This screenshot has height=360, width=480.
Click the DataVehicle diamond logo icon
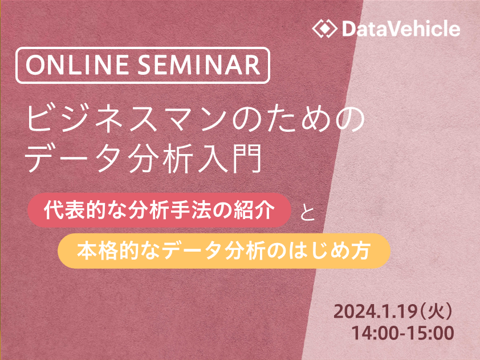pos(325,29)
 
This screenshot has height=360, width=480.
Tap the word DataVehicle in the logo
pos(401,29)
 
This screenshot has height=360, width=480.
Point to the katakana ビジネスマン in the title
pos(129,118)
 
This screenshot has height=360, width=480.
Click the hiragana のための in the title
pos(299,118)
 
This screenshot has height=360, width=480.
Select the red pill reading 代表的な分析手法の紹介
pos(159,210)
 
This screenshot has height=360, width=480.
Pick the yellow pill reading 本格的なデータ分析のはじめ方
pos(224,251)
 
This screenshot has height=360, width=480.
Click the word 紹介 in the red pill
pos(254,210)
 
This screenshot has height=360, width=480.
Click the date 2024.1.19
pos(375,312)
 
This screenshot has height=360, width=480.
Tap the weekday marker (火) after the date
pos(436,312)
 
